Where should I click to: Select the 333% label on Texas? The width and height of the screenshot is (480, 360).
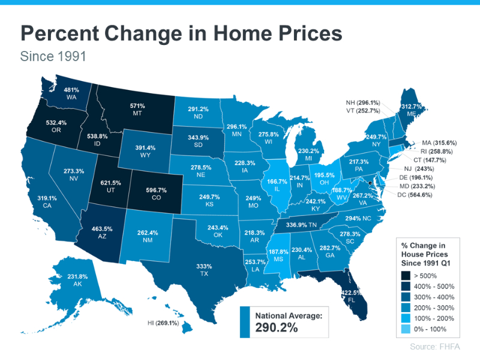click(x=205, y=266)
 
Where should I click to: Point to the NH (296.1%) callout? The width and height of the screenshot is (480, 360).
click(x=367, y=101)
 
